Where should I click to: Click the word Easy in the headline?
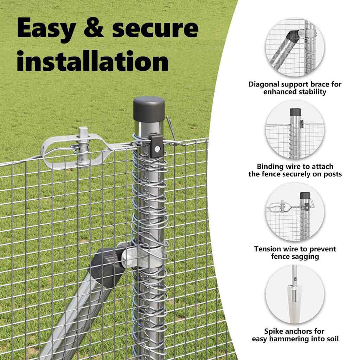(46, 28)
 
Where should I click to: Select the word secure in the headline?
(155, 28)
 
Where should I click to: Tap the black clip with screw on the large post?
(156, 146)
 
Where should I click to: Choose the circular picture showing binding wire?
(295, 129)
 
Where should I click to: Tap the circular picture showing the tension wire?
(295, 212)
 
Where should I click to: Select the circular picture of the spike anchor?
(295, 294)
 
